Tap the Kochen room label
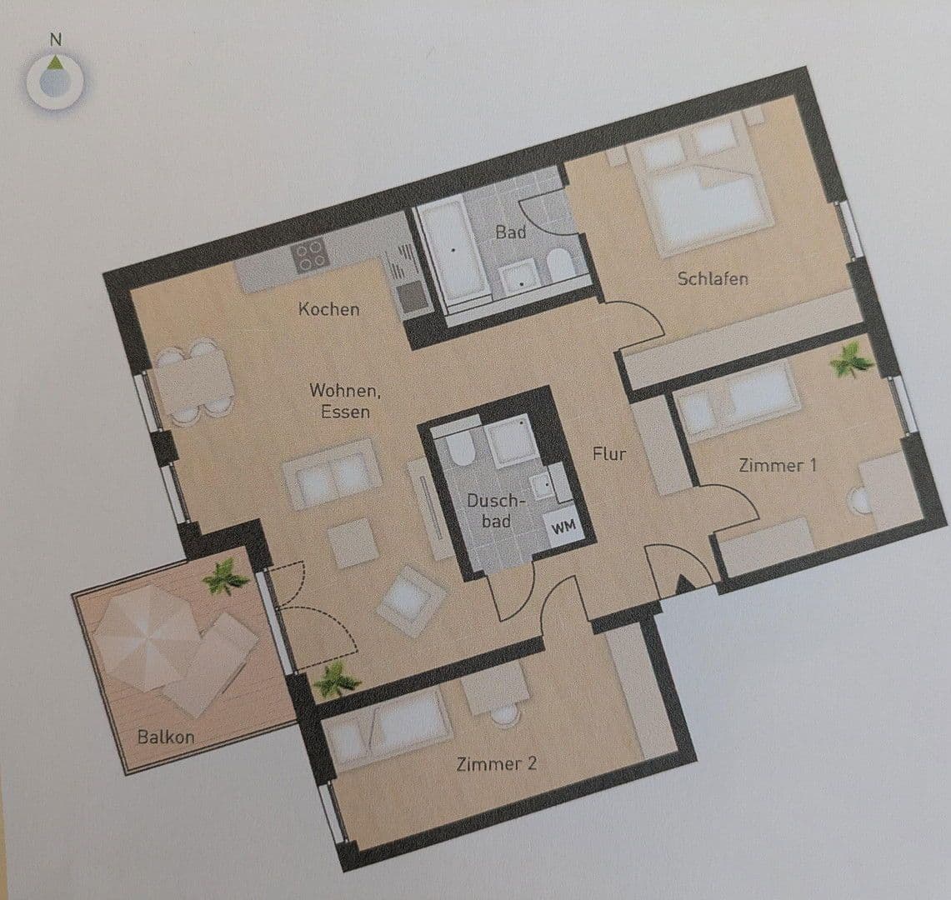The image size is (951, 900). pyautogui.click(x=329, y=309)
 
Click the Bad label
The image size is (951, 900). pyautogui.click(x=511, y=232)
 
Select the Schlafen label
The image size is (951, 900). pyautogui.click(x=712, y=278)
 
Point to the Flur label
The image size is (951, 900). pyautogui.click(x=608, y=454)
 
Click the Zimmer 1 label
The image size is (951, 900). pyautogui.click(x=777, y=465)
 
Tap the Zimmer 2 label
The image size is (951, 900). pyautogui.click(x=496, y=763)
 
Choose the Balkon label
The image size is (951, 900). pyautogui.click(x=166, y=737)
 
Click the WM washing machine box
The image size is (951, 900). pyautogui.click(x=563, y=527)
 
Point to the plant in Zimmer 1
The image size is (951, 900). pyautogui.click(x=850, y=361)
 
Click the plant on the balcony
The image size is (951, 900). pyautogui.click(x=224, y=576)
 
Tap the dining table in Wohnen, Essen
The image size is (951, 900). pyautogui.click(x=193, y=378)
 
